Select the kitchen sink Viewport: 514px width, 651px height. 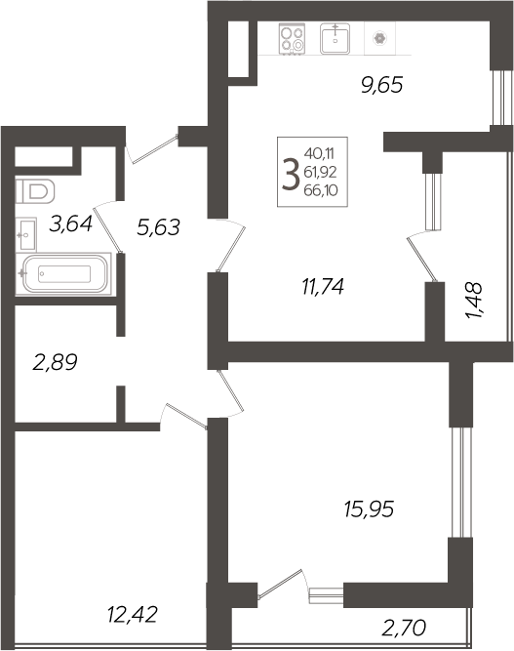[336, 39]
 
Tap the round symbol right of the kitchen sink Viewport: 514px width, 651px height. [378, 40]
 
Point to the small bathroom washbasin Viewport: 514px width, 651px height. [26, 232]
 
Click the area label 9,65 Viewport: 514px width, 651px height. [381, 85]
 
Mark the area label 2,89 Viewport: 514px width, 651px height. [56, 363]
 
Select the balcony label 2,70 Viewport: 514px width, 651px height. [405, 625]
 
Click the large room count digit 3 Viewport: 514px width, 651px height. [291, 175]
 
